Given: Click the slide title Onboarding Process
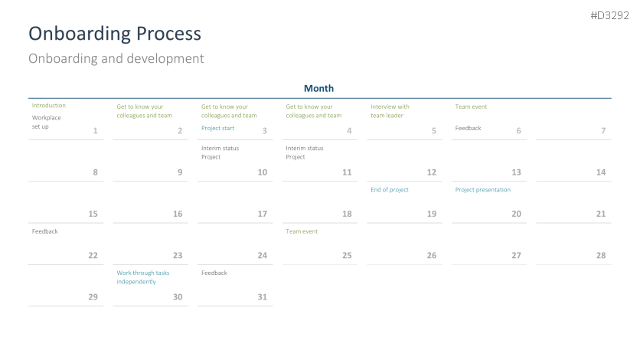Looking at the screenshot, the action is point(115,34).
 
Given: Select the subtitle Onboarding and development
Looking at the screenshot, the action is point(116,58).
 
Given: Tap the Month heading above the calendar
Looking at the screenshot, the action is point(318,88).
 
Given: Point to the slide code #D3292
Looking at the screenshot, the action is point(610,15).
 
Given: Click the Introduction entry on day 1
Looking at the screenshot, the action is point(48,105).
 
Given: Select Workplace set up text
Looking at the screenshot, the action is point(46,122).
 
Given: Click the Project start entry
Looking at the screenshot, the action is point(217,128).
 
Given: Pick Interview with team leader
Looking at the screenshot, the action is point(390,111).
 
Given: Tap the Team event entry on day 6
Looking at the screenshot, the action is point(471,106).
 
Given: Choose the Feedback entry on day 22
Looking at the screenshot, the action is point(45,231).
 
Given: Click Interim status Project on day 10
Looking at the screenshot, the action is point(220,152).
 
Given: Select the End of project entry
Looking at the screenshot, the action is point(390,190).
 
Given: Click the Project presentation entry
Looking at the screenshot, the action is point(483,190).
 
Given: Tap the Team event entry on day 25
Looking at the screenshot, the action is point(302,231).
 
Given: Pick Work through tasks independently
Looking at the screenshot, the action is point(143,277).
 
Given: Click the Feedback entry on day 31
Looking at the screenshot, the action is point(214,273).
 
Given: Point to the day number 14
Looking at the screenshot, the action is point(601,172).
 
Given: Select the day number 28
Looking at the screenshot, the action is point(601,256).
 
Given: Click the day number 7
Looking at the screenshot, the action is point(603,131).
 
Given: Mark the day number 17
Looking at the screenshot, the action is point(262,214).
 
